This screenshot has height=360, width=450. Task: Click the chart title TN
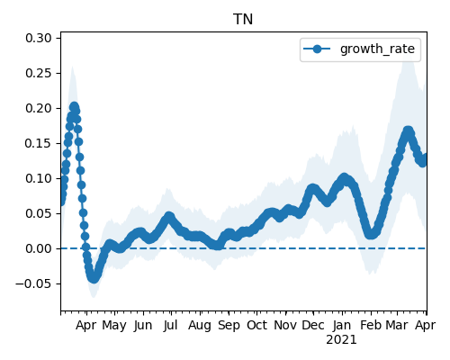tap(243, 20)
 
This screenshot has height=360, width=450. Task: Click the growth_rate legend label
tap(377, 49)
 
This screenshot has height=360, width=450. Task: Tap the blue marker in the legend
tap(317, 49)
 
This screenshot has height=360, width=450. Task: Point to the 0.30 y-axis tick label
tap(39, 38)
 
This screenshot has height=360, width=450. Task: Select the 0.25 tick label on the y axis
tap(39, 73)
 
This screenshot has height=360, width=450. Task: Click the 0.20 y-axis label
tap(39, 108)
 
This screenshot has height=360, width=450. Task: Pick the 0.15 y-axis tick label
tap(39, 143)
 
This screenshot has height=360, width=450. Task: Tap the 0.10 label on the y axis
tap(39, 178)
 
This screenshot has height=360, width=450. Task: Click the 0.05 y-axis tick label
tap(39, 213)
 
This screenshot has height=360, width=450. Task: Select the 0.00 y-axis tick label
tap(39, 248)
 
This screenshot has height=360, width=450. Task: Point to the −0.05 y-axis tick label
tap(34, 283)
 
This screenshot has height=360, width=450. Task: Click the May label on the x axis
tap(114, 326)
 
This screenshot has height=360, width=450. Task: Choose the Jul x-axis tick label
tap(171, 325)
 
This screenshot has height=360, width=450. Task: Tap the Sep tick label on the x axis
tap(229, 326)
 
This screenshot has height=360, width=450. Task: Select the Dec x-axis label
tap(313, 325)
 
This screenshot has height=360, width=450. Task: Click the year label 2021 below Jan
tap(341, 340)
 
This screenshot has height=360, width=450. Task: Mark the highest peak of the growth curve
tap(74, 106)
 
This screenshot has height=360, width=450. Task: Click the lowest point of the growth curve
tap(94, 278)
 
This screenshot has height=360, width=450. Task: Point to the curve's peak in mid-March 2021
tap(408, 131)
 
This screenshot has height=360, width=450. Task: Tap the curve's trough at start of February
tap(371, 234)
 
